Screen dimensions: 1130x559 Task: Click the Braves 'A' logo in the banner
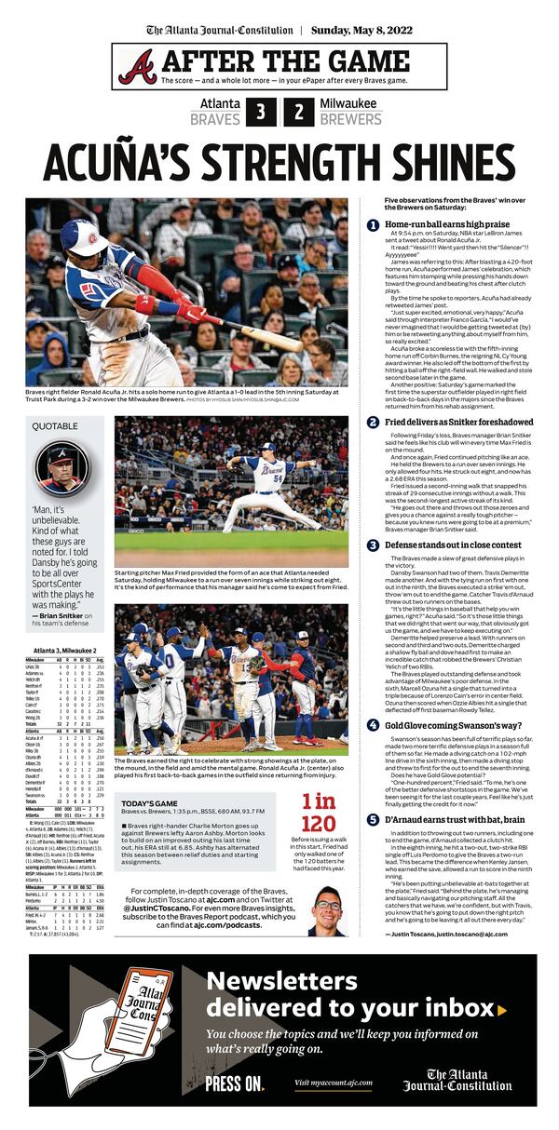pos(138,66)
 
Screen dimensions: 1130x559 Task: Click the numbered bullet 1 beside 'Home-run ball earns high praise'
pos(374,225)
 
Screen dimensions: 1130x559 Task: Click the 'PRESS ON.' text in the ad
pos(235,1083)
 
